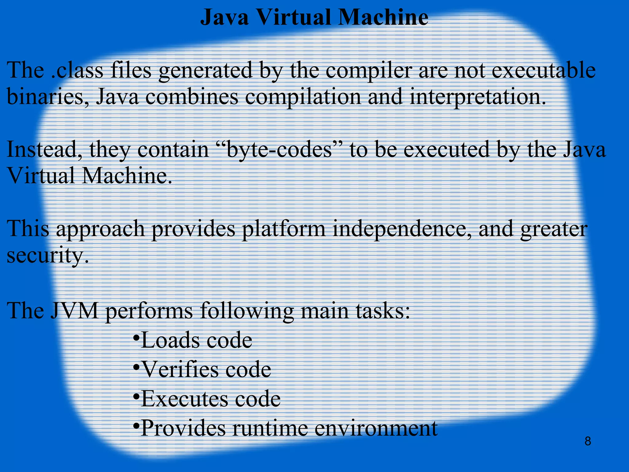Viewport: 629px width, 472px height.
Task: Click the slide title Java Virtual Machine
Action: coord(314,18)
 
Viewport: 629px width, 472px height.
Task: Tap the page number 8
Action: coord(588,442)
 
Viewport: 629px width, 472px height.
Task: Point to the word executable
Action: coord(544,70)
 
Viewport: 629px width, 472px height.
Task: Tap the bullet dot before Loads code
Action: coord(136,337)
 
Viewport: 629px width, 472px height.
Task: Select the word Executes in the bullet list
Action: coord(184,399)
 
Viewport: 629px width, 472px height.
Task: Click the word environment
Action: coord(376,428)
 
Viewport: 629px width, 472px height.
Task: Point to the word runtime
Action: coord(270,428)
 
